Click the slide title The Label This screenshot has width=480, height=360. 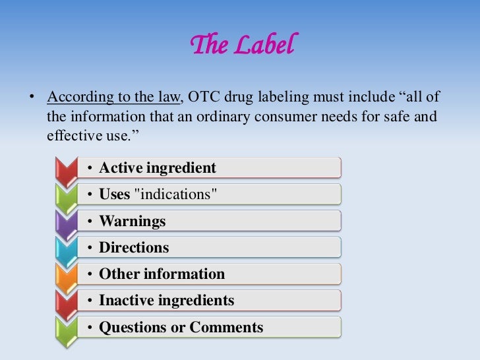click(x=240, y=45)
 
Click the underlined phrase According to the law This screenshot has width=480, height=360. click(x=113, y=98)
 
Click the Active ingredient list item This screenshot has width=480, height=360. click(x=158, y=168)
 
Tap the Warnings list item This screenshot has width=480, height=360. click(x=133, y=222)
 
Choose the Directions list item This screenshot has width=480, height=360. click(x=134, y=248)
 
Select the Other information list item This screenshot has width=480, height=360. click(x=162, y=274)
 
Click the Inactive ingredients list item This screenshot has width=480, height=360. click(x=166, y=301)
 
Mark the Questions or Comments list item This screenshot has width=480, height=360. click(x=181, y=327)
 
